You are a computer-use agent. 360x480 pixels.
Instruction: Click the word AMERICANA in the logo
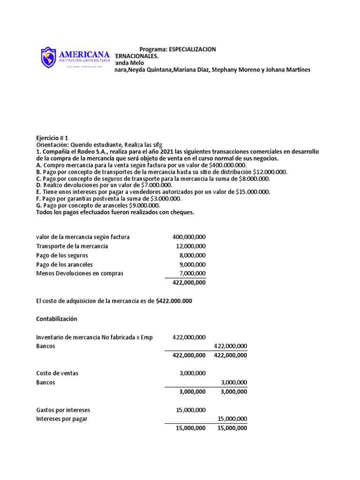click(85, 54)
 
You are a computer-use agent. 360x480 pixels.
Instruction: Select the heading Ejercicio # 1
click(52, 138)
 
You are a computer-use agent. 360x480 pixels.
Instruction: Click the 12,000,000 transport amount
click(190, 246)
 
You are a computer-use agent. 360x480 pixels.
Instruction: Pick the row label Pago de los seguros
click(62, 255)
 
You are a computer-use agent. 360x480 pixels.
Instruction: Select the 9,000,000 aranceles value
click(192, 264)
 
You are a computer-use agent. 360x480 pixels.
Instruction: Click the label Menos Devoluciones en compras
click(80, 273)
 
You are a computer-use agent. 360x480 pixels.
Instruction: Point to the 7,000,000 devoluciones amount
click(192, 273)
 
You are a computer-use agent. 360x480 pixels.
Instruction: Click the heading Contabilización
click(56, 319)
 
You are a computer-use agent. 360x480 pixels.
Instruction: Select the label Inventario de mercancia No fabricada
click(94, 337)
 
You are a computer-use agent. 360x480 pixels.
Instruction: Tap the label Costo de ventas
click(57, 373)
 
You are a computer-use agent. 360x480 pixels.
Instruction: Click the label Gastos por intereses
click(63, 410)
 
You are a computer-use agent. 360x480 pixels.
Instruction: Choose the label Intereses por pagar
click(62, 419)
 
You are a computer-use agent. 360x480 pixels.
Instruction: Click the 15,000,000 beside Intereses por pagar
click(232, 419)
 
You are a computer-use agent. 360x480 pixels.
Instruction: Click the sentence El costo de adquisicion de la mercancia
click(114, 301)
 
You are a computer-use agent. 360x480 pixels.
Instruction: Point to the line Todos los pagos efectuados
click(115, 212)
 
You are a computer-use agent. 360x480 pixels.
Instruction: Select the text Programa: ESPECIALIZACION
click(178, 50)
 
